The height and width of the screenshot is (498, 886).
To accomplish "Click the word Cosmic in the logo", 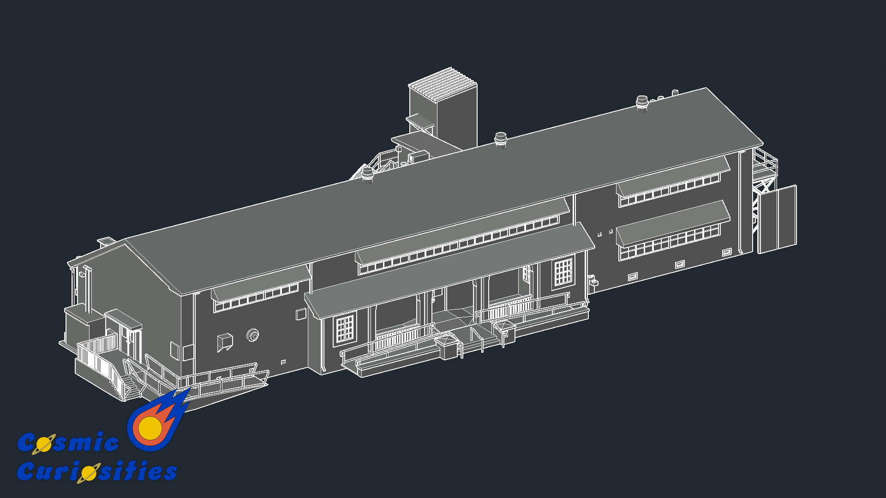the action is pos(68,443).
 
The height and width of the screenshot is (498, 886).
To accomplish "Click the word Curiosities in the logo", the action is pos(97,471).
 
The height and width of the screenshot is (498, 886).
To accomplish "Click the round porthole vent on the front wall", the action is pos(252,335).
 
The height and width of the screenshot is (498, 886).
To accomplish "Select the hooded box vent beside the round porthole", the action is pos(225,341).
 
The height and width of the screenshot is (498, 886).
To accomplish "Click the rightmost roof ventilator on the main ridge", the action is pos(642,103).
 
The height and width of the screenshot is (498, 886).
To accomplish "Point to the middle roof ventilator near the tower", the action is pos(501,140).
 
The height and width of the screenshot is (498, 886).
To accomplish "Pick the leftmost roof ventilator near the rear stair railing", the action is pos(367,175).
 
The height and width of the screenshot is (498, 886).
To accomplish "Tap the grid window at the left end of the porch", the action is pos(345,329).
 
